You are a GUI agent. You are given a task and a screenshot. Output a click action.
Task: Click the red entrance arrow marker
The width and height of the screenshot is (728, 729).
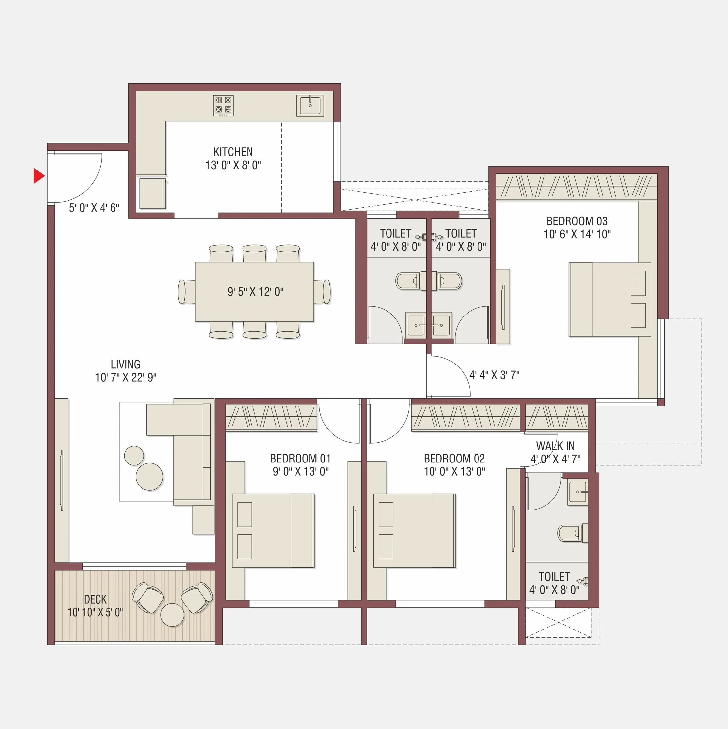coord(38,176)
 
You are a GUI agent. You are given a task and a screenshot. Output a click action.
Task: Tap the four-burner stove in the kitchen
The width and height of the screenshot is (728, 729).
coord(223,105)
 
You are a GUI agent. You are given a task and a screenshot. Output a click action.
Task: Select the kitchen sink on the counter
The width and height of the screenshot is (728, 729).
coord(310,105)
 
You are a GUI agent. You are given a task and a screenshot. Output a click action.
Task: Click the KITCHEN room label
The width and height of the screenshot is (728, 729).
coord(233,152)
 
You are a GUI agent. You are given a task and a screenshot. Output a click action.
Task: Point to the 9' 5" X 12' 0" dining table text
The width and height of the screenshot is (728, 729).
coord(255,292)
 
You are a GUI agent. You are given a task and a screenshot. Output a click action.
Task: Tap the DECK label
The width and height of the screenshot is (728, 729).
coord(95,599)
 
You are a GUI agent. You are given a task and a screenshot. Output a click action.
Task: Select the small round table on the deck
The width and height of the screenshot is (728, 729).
coord(172,615)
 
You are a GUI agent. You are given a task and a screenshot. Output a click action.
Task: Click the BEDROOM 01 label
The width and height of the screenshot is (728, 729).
coord(300,459)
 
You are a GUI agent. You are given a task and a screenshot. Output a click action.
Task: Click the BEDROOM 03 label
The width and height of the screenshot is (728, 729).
coord(577,221)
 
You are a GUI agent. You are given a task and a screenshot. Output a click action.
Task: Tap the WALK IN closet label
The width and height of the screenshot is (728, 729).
coord(555,446)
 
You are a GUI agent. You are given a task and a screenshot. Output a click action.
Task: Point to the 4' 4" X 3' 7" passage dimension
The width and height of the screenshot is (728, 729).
coord(494,375)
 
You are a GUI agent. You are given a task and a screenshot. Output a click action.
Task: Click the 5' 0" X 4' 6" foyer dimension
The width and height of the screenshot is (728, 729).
coord(94,208)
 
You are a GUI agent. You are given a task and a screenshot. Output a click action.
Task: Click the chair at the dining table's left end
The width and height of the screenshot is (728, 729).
coord(186,292)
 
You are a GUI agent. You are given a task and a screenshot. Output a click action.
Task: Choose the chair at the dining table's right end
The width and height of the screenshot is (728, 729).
coord(323,292)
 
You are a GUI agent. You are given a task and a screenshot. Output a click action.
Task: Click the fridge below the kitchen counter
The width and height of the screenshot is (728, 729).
coord(153,194)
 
